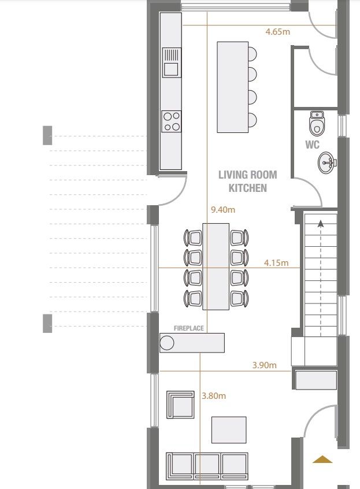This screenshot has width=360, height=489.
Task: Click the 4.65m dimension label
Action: (x=277, y=32)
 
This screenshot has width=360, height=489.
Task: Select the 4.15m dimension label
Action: (x=276, y=263)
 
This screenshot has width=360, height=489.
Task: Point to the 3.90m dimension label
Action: (x=265, y=365)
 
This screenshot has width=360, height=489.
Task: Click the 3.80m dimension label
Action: (x=213, y=396)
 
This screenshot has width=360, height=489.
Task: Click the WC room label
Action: (x=313, y=145)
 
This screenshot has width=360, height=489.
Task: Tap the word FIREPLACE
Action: (x=189, y=328)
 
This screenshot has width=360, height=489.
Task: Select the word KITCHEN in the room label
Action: (x=248, y=188)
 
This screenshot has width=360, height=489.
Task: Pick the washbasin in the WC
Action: (x=326, y=162)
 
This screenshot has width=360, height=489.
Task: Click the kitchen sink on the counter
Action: (x=171, y=63)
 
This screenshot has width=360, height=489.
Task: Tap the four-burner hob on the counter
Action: (x=171, y=121)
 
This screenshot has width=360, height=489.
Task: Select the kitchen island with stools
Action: (x=233, y=87)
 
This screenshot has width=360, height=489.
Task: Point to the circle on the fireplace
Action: (x=167, y=343)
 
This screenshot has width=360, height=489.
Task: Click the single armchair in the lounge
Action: (x=180, y=404)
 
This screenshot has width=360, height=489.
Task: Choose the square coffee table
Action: (x=229, y=429)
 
